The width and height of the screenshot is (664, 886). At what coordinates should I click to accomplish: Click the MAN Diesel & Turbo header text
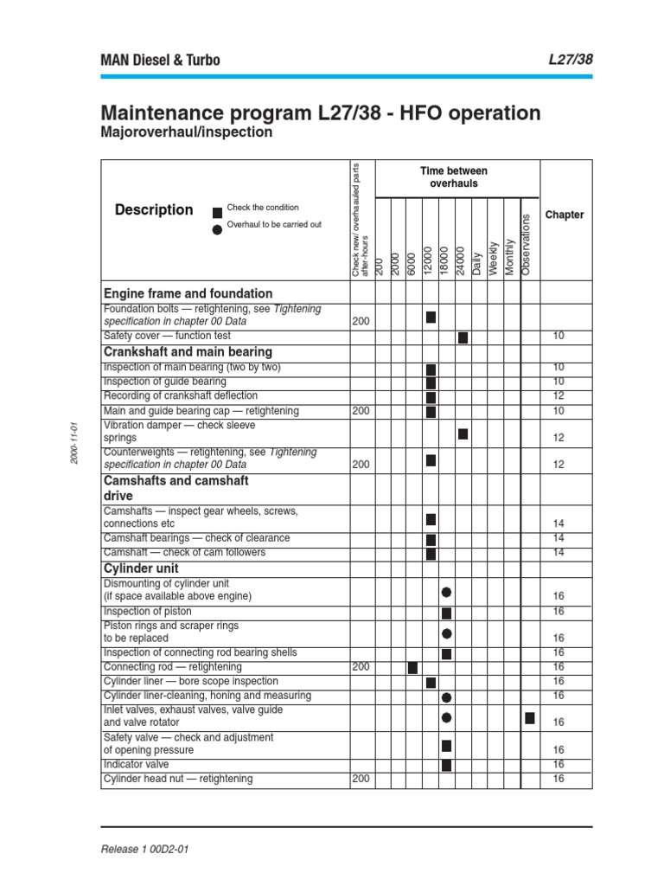click(161, 60)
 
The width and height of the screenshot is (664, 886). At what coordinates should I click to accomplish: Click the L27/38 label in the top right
click(571, 60)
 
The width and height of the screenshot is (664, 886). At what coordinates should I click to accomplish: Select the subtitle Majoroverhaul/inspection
click(187, 133)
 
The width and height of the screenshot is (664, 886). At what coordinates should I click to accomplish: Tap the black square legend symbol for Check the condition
click(217, 210)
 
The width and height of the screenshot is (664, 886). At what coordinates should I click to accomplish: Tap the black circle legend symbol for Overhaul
click(217, 228)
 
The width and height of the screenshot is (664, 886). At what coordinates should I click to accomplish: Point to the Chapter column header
click(565, 215)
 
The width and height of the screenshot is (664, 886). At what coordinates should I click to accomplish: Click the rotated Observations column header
click(528, 245)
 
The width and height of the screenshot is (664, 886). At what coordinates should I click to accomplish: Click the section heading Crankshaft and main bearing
click(188, 352)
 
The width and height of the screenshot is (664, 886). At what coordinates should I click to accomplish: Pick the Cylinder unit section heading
click(141, 569)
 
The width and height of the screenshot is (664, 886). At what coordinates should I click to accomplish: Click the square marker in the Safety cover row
click(463, 337)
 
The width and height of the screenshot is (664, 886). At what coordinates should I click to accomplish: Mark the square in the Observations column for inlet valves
click(529, 717)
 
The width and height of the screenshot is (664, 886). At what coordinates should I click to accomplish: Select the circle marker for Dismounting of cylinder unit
click(446, 593)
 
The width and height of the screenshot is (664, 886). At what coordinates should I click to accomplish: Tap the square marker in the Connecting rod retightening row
click(412, 667)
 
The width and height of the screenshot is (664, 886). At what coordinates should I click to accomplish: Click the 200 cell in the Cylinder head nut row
click(361, 779)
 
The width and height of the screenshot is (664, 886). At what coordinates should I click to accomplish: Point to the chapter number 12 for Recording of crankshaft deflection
click(558, 396)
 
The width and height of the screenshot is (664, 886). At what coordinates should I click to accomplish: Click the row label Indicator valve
click(136, 765)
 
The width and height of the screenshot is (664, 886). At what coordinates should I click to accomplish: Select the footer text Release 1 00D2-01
click(144, 849)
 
